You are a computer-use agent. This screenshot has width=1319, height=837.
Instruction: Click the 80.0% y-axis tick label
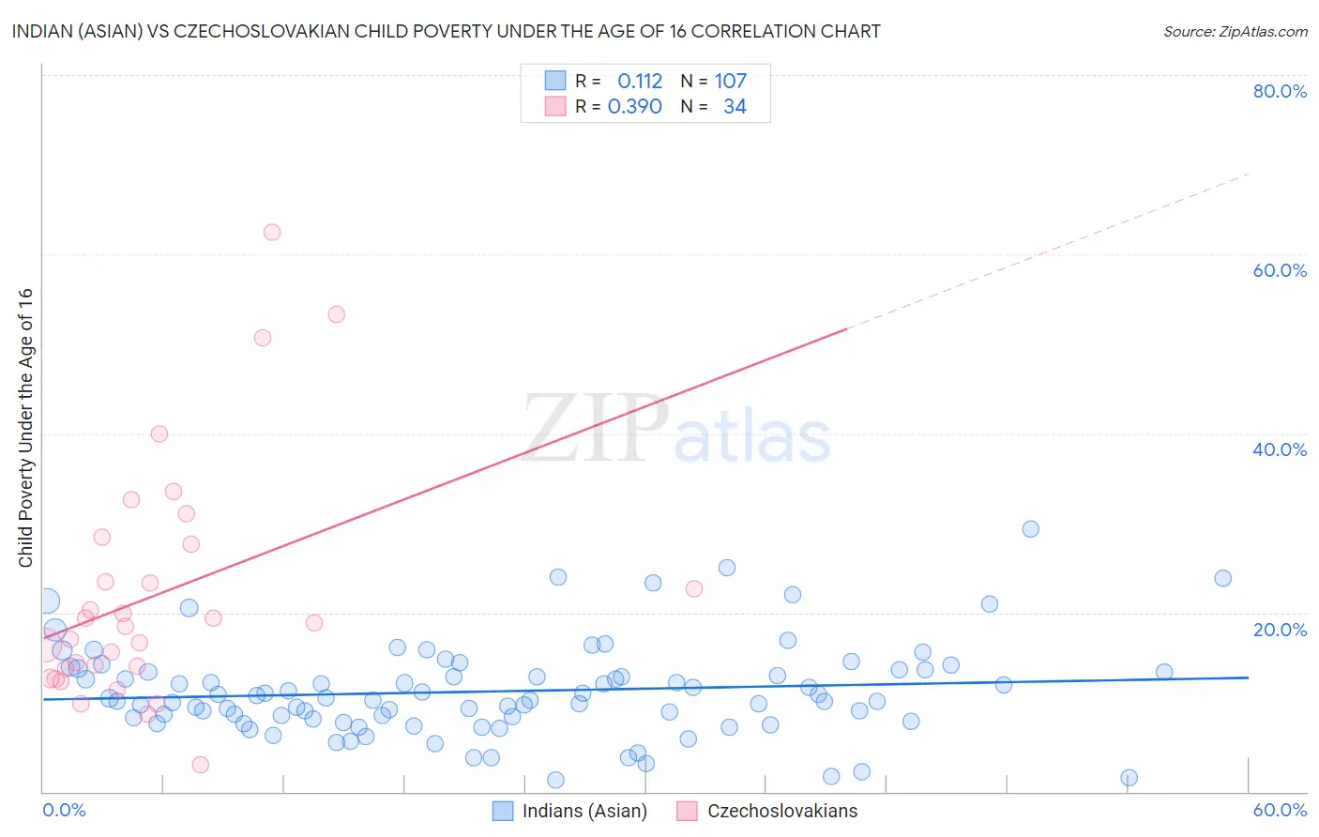1280,91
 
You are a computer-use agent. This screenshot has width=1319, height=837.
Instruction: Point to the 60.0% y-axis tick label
1280,270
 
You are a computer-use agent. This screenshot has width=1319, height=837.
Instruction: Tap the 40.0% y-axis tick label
1280,449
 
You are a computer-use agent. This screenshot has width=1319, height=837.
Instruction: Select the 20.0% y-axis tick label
1280,630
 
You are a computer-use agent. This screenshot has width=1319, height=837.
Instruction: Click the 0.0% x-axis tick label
64,810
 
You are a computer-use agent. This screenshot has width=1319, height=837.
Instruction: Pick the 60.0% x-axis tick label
1280,810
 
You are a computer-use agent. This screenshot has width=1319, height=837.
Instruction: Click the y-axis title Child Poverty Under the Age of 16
26,427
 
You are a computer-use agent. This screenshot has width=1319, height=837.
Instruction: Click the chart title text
447,31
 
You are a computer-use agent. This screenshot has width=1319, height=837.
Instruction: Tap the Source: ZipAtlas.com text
1235,31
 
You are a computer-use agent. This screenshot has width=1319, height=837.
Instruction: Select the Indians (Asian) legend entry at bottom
584,811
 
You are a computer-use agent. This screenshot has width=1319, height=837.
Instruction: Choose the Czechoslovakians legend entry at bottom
781,811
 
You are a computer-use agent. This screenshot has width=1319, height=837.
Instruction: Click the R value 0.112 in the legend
640,82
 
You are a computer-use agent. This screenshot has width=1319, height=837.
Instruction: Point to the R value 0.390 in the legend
635,107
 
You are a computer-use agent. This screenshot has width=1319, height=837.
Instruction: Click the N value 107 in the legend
731,82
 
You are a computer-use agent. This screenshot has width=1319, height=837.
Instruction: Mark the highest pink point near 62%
272,233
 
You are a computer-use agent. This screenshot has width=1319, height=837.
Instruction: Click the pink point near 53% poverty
337,314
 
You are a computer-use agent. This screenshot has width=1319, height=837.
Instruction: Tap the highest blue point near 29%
1031,529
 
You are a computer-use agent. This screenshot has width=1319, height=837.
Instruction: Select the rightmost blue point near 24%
1223,578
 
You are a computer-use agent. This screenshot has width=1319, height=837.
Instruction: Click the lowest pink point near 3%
201,765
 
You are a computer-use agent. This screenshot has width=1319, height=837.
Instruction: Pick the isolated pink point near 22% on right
694,589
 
